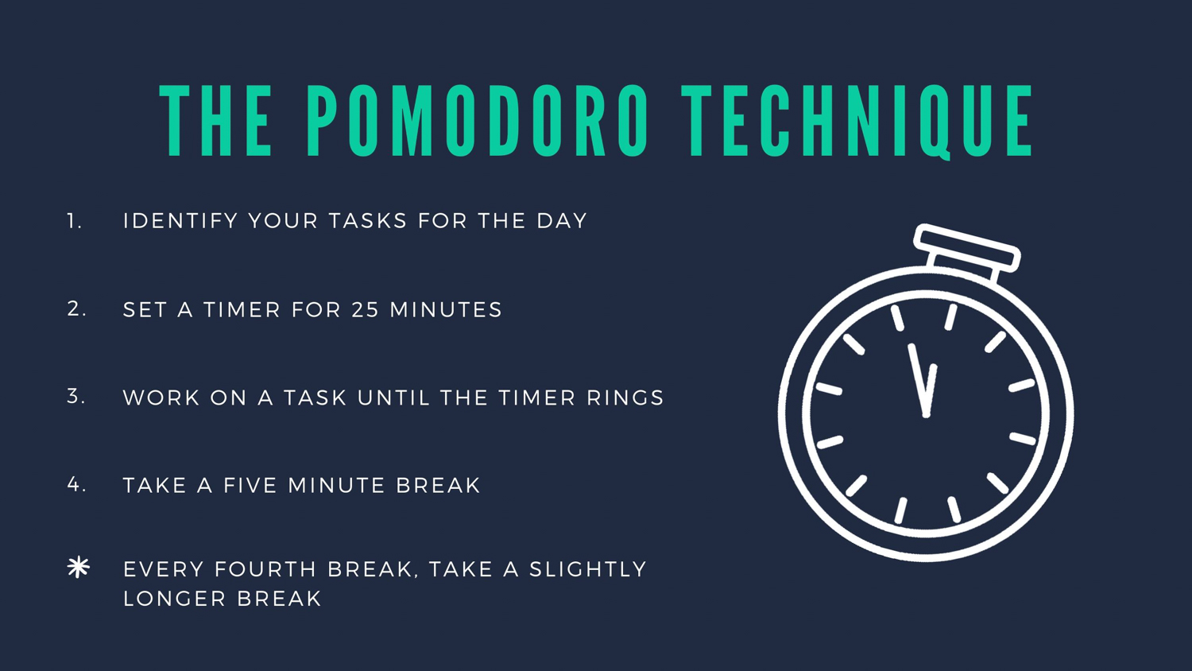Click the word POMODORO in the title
tap(478, 120)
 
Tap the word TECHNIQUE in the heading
tap(857, 122)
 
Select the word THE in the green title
tap(216, 120)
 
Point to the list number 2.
tap(76, 309)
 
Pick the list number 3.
tap(76, 396)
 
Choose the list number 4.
tap(76, 485)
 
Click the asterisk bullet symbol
tap(79, 567)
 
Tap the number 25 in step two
tap(366, 310)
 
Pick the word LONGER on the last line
tap(175, 599)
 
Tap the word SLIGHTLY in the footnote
tap(588, 569)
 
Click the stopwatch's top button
tap(967, 248)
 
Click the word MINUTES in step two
tap(446, 310)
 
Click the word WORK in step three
tap(161, 398)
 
